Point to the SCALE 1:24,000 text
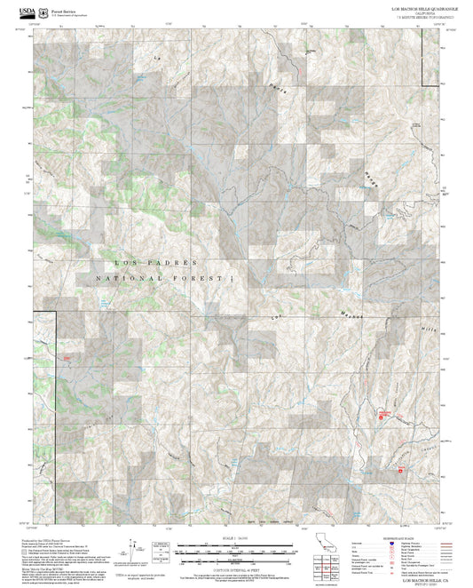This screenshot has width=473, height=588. pyautogui.click(x=235, y=538)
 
